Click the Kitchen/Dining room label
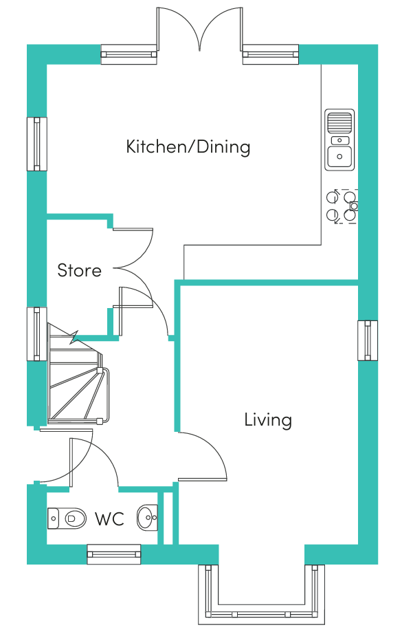click(188, 146)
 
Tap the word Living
click(268, 419)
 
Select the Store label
click(79, 270)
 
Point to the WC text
click(109, 518)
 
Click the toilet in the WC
click(67, 518)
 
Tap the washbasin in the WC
click(147, 517)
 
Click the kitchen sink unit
click(339, 140)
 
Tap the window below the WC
click(114, 554)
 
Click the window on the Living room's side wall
click(368, 340)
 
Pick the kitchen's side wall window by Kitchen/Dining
click(37, 144)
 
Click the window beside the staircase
click(37, 334)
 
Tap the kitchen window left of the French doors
click(129, 54)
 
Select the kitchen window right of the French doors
click(271, 54)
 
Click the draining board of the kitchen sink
click(339, 122)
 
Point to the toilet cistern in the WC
click(53, 518)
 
